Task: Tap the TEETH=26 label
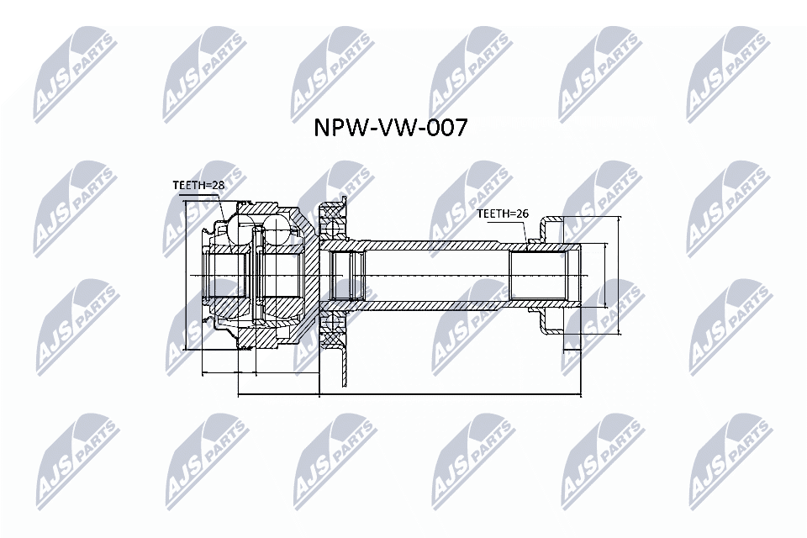pyautogui.click(x=502, y=214)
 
